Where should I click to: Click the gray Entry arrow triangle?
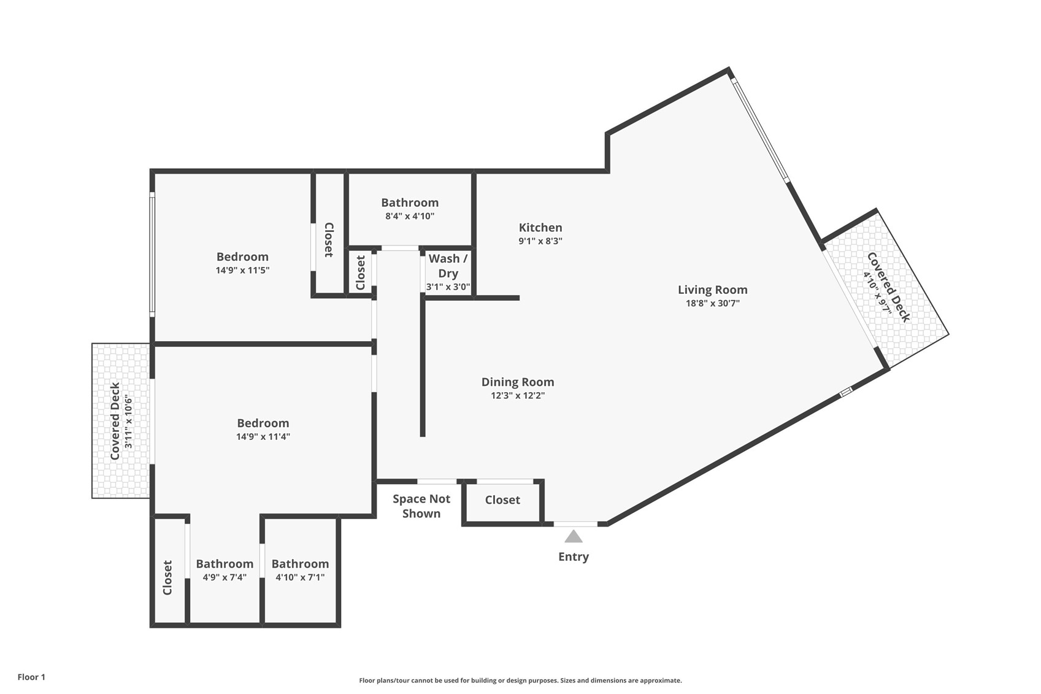(574, 537)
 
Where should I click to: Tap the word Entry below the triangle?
(574, 557)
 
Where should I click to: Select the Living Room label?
(712, 290)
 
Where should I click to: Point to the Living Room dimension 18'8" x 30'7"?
(712, 304)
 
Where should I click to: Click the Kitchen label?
(540, 228)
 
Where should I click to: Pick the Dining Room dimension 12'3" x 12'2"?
(518, 396)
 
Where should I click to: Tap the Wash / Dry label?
(448, 266)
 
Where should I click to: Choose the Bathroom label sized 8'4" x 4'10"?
(410, 202)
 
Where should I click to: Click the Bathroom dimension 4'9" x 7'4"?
(225, 577)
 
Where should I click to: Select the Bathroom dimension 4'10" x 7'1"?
(300, 577)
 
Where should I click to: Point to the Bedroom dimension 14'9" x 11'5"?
(242, 271)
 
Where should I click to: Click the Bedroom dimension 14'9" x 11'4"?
(263, 436)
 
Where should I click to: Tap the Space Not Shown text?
(421, 506)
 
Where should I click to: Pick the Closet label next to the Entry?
(502, 500)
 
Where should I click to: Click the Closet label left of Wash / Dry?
(361, 273)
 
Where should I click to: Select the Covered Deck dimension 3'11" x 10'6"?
(129, 421)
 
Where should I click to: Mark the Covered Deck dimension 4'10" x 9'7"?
(878, 293)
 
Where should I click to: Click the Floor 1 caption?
(32, 677)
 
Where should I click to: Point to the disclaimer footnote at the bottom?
(520, 681)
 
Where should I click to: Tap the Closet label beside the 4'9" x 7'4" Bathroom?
(167, 578)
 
